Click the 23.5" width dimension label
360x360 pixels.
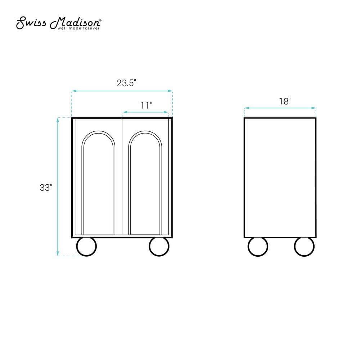pyautogui.click(x=126, y=83)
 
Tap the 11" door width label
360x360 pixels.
pyautogui.click(x=146, y=105)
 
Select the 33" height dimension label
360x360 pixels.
pyautogui.click(x=46, y=188)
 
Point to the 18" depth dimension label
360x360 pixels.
pyautogui.click(x=285, y=101)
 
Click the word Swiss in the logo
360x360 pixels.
pyautogui.click(x=31, y=23)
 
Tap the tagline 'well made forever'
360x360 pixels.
pyautogui.click(x=78, y=28)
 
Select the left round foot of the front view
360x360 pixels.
pyautogui.click(x=86, y=246)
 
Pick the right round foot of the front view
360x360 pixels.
pyautogui.click(x=159, y=246)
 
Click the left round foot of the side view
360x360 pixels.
pyautogui.click(x=258, y=246)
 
